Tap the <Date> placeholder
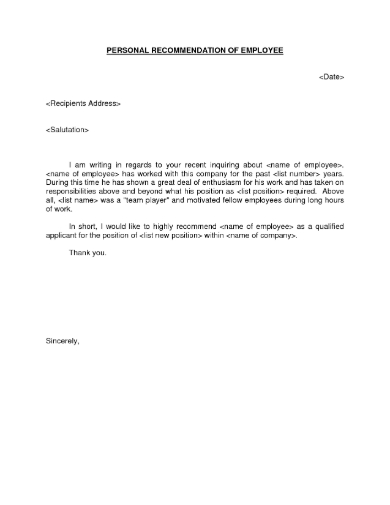click(x=332, y=76)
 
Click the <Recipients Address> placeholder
click(x=84, y=103)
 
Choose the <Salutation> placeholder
click(x=68, y=130)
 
